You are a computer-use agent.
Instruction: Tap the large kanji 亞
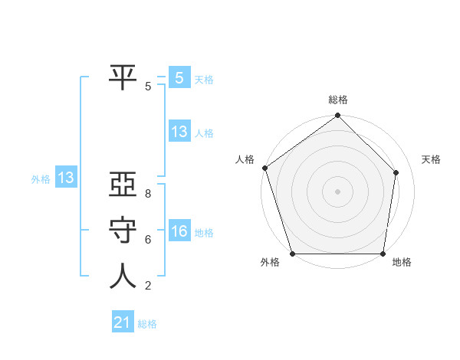pos(123,186)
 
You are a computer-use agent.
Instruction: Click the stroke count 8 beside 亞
pos(148,195)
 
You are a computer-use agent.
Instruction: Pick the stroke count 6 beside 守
pos(148,240)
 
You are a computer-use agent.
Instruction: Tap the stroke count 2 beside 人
pos(148,286)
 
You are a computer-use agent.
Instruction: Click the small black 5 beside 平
pos(148,87)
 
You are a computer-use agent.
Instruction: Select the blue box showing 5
pos(179,77)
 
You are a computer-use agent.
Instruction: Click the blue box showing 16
pos(179,231)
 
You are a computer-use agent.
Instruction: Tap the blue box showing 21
pos(122,322)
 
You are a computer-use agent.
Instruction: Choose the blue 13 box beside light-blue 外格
pos(65,178)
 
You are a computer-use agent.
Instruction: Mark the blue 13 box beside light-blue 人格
pos(179,132)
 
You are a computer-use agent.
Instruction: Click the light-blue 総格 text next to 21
pos(147,324)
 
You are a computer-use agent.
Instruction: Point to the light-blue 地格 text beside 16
pos(204,232)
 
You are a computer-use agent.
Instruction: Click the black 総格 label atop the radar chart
pos(337,100)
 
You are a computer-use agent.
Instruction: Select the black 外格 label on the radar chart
pos(270,262)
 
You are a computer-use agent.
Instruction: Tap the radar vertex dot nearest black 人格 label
pos(264,168)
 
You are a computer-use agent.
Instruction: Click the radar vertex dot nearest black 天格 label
pos(396,172)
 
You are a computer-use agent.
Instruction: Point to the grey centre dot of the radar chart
pos(337,191)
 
